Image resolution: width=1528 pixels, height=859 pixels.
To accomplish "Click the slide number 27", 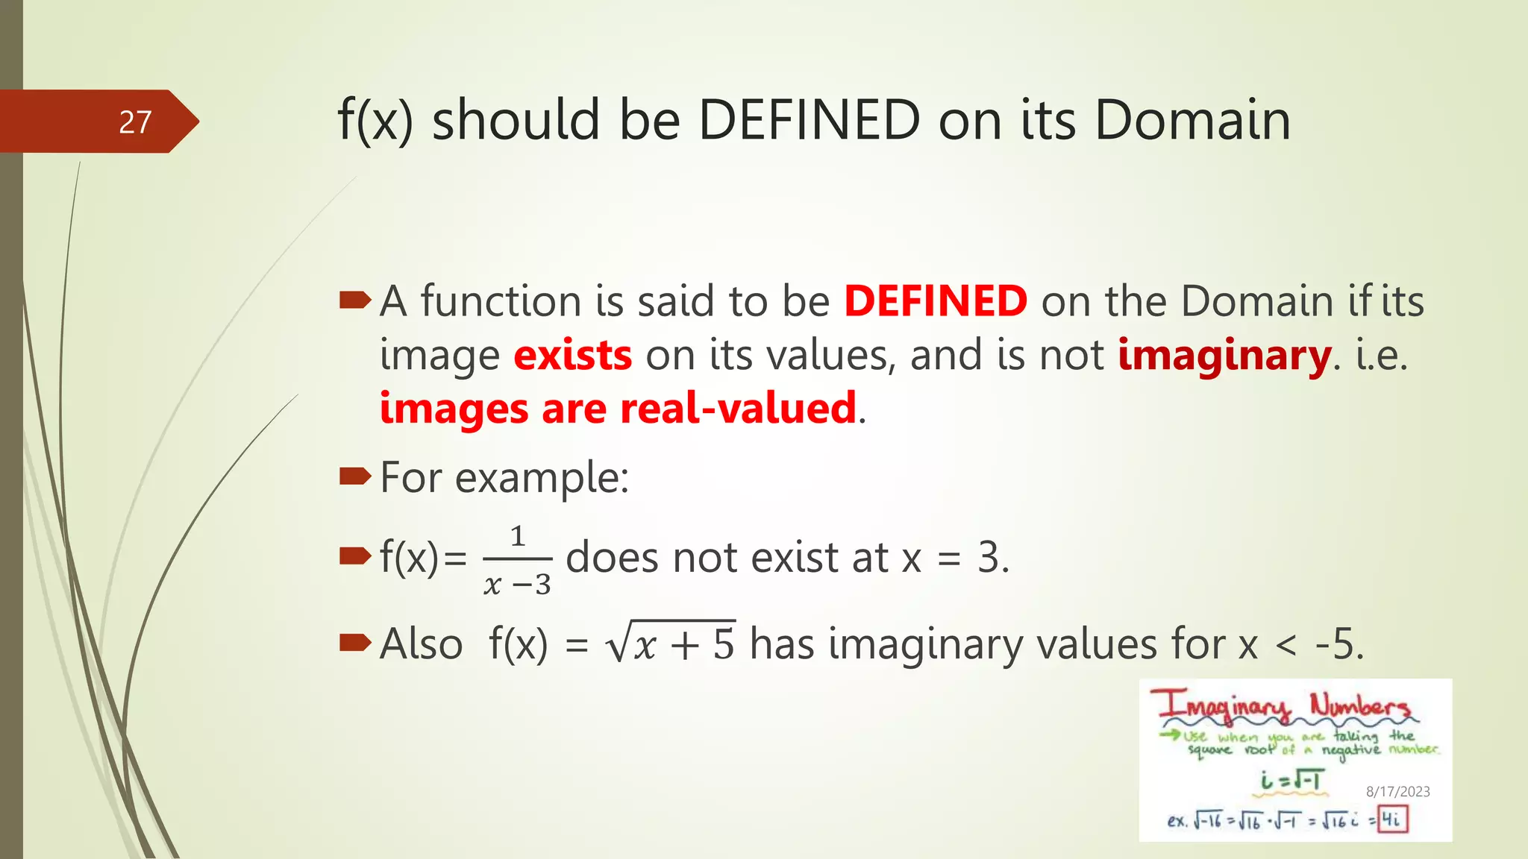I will pyautogui.click(x=135, y=122).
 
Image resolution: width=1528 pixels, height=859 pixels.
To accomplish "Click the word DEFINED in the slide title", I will pyautogui.click(x=809, y=120).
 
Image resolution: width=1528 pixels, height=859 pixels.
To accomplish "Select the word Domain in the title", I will pyautogui.click(x=1192, y=120).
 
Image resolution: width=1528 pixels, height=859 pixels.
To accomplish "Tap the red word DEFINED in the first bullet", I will pyautogui.click(x=936, y=301).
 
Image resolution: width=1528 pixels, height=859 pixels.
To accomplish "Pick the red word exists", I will pyautogui.click(x=573, y=355).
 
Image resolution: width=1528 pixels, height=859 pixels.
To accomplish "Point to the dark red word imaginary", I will pyautogui.click(x=1224, y=356).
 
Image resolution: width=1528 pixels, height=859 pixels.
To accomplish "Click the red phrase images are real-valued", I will pyautogui.click(x=618, y=409).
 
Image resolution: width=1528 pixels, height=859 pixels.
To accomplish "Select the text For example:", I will pyautogui.click(x=504, y=477).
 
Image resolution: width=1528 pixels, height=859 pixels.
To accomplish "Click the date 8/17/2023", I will pyautogui.click(x=1397, y=792).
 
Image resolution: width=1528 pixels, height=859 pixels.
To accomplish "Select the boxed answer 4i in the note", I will pyautogui.click(x=1392, y=819).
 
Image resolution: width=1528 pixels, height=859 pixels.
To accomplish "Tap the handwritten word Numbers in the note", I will pyautogui.click(x=1359, y=705).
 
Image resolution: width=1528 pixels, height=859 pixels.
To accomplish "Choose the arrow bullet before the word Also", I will pyautogui.click(x=355, y=642).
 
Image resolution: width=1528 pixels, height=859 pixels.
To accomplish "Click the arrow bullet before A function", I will pyautogui.click(x=355, y=301).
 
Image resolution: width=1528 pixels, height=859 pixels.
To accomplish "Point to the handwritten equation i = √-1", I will pyautogui.click(x=1291, y=780).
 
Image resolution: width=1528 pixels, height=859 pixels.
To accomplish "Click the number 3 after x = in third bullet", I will pyautogui.click(x=989, y=558).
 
